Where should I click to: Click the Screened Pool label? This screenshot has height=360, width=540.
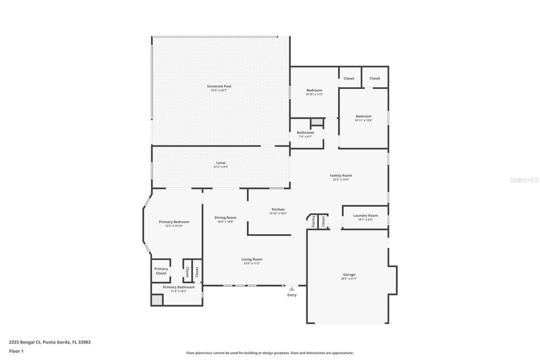click(x=219, y=87)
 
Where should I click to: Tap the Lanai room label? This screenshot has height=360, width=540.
click(x=221, y=163)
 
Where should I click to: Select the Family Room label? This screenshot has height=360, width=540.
click(x=340, y=176)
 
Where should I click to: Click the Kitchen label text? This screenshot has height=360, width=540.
click(x=278, y=209)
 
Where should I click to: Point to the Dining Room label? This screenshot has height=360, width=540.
click(x=225, y=218)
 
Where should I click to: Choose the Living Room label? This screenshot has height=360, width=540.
click(x=251, y=260)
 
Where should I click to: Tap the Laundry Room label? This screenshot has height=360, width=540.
click(x=365, y=216)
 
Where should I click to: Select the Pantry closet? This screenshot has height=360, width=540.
click(x=313, y=221)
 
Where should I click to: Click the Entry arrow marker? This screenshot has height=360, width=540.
click(x=292, y=289)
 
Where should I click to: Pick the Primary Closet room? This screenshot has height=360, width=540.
click(x=161, y=271)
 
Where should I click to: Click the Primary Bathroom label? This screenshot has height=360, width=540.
click(x=178, y=287)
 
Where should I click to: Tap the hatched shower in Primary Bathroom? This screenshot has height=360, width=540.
click(x=157, y=299)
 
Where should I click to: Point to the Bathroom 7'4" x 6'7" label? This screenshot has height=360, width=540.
click(x=305, y=133)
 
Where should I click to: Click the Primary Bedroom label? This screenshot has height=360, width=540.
click(x=174, y=222)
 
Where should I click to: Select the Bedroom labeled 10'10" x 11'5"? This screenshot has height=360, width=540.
click(x=314, y=90)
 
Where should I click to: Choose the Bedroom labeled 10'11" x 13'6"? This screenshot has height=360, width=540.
click(x=363, y=116)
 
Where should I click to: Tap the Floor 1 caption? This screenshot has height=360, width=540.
click(x=16, y=351)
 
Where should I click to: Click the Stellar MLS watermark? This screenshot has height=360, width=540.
click(x=524, y=180)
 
